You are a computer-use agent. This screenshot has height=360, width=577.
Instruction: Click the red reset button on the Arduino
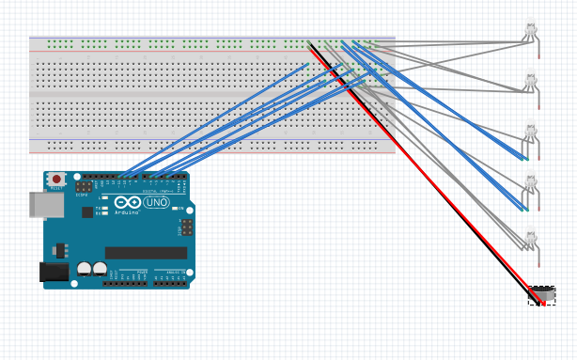pos(56,179)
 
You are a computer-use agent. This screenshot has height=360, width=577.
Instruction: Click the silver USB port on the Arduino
pos(40,205)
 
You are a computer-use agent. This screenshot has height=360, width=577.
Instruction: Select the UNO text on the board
pos(157,203)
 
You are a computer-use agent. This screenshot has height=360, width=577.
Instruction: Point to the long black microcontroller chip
pos(146,252)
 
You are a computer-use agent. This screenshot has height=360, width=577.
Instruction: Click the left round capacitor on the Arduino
pos(86,268)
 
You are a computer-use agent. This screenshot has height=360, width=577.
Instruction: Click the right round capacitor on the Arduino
pos(99,268)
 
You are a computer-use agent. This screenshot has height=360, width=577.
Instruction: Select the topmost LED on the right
pos(532,31)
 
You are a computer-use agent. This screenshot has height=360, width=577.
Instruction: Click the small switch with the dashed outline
pos(541,296)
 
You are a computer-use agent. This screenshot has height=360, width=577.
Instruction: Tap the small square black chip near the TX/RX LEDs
pos(87,212)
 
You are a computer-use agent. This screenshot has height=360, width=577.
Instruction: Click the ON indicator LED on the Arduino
pos(177,208)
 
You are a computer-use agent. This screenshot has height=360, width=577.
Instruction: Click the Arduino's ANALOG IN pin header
pos(168,281)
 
